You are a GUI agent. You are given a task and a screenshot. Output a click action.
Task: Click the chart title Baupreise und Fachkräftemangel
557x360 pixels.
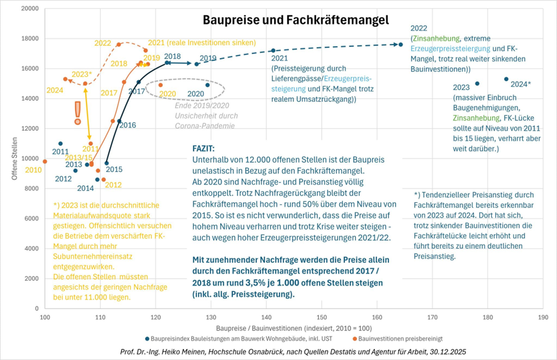point(296,19)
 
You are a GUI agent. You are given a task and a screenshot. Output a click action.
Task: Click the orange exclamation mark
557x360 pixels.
point(77,113)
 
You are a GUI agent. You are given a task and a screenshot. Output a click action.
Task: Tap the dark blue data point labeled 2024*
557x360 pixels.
point(506,79)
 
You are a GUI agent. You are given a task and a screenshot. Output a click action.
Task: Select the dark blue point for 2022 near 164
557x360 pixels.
point(401,45)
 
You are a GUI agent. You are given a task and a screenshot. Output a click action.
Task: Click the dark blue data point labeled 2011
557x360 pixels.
point(61,143)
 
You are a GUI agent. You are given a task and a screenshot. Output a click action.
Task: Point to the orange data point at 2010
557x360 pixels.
point(45,161)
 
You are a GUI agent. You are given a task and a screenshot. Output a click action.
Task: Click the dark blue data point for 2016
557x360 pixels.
point(119,121)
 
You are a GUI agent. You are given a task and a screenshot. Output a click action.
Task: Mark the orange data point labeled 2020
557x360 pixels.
point(160,85)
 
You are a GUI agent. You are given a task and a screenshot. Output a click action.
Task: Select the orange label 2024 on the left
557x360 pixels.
point(54,91)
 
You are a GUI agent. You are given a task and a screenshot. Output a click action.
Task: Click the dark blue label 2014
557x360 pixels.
point(86,188)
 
